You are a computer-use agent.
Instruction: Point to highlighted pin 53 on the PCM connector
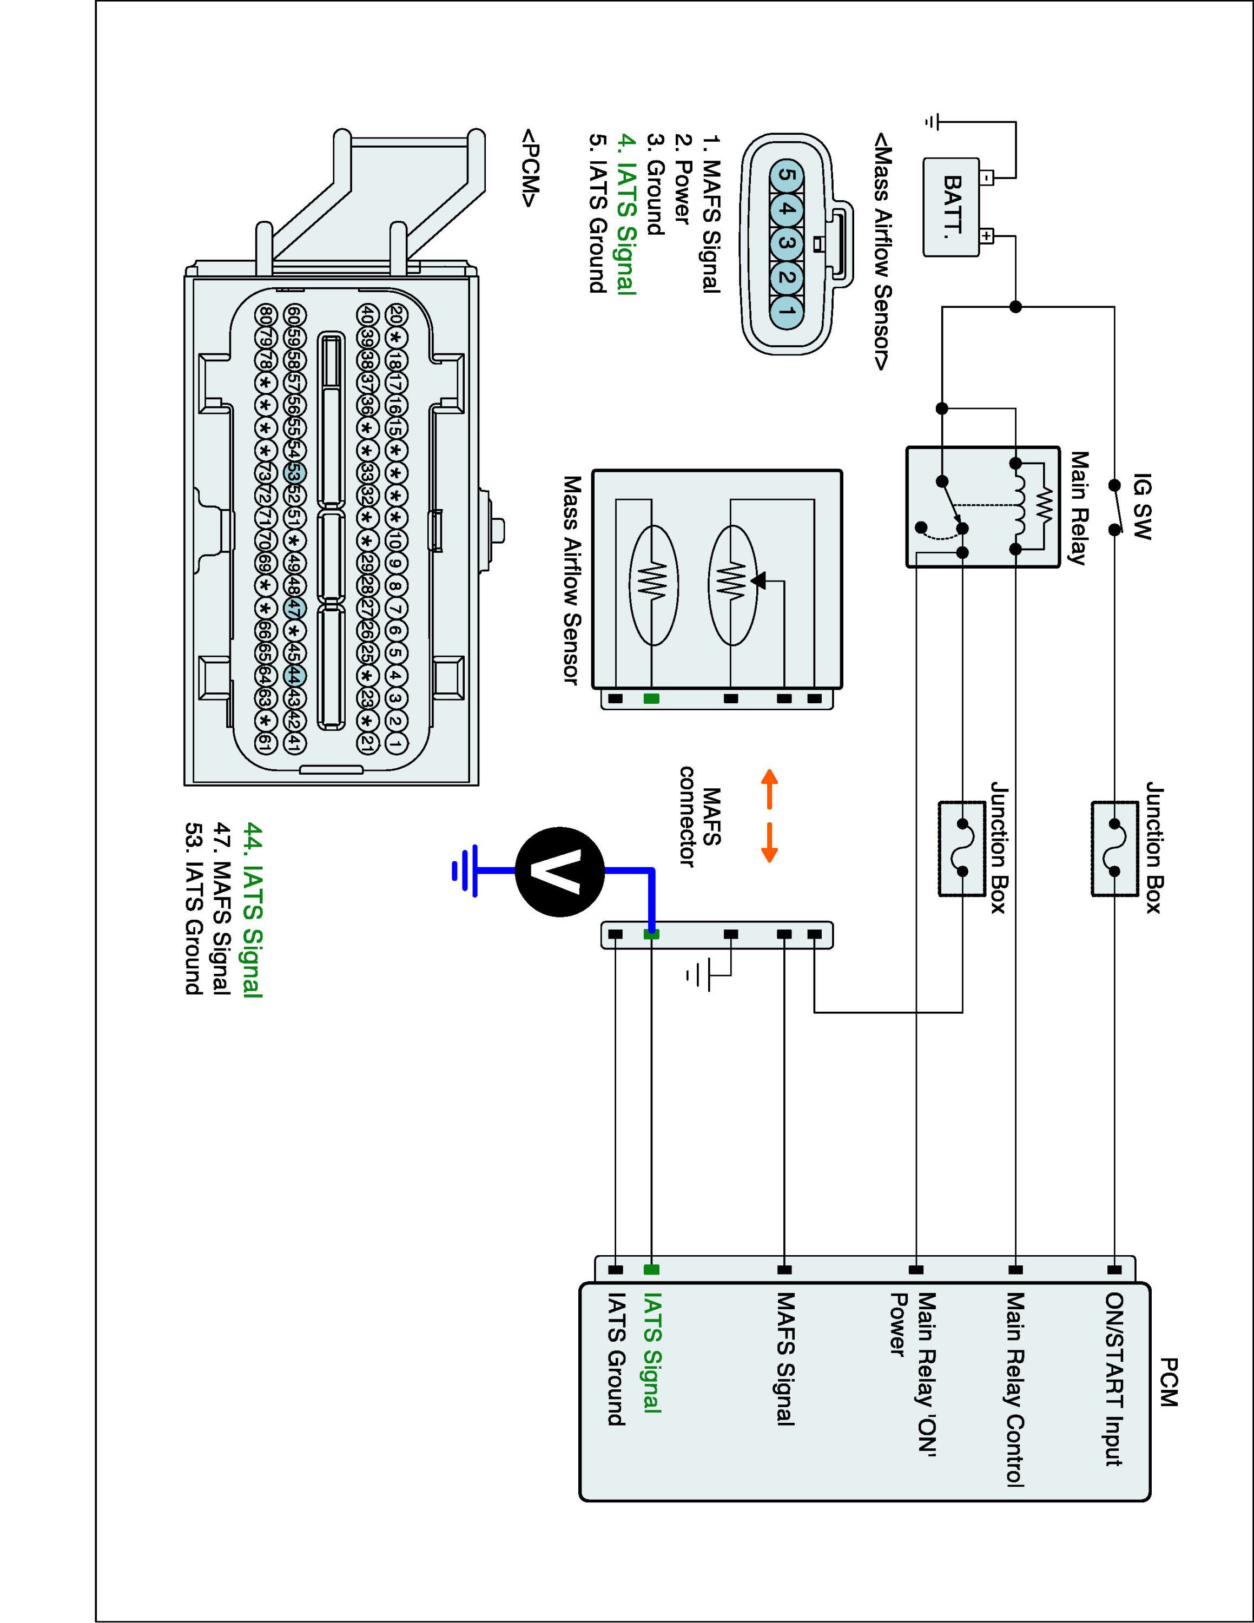click(x=295, y=473)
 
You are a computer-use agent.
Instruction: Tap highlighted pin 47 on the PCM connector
click(x=295, y=608)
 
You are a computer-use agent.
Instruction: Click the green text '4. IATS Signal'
click(x=627, y=215)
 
